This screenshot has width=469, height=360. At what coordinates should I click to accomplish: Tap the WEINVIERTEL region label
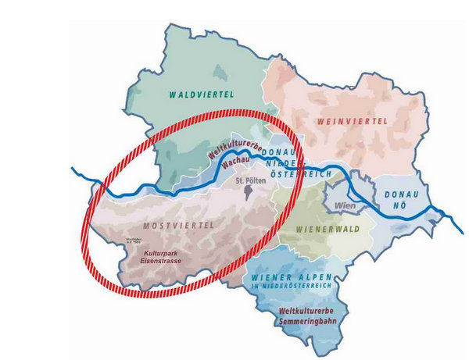click(x=353, y=122)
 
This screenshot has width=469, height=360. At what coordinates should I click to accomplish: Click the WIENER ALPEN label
click(x=291, y=278)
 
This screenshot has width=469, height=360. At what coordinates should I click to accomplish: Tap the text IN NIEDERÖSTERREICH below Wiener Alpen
click(x=292, y=287)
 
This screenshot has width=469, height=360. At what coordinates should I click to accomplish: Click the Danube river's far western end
click(x=73, y=169)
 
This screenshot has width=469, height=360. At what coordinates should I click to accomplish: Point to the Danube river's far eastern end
click(x=451, y=221)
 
